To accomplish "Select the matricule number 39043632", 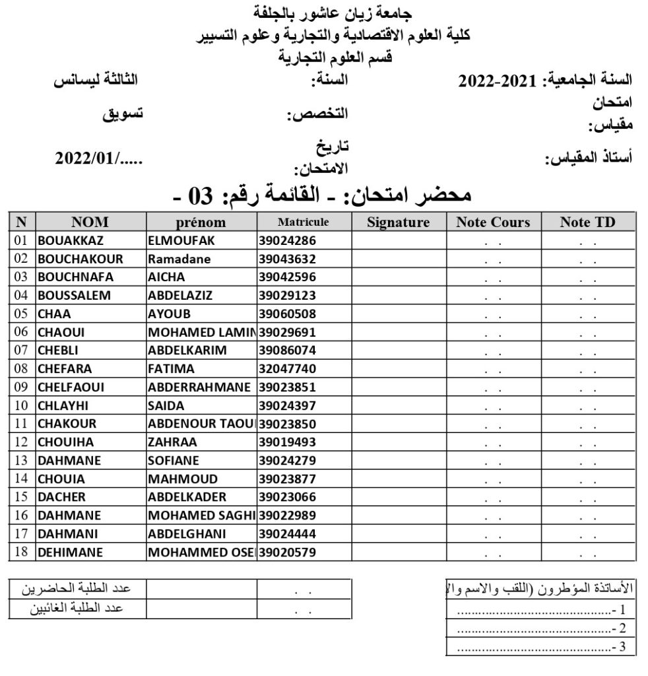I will coord(286,259).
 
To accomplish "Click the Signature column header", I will coord(398,222).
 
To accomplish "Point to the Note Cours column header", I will coord(493,222).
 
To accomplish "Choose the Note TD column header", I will coord(587,222).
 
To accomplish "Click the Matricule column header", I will coord(303,222).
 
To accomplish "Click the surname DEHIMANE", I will coord(70,551).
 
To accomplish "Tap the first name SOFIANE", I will coord(173,460).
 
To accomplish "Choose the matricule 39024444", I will coord(286,533).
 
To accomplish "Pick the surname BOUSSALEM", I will coord(74,295).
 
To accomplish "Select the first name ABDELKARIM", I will coord(187,350).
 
